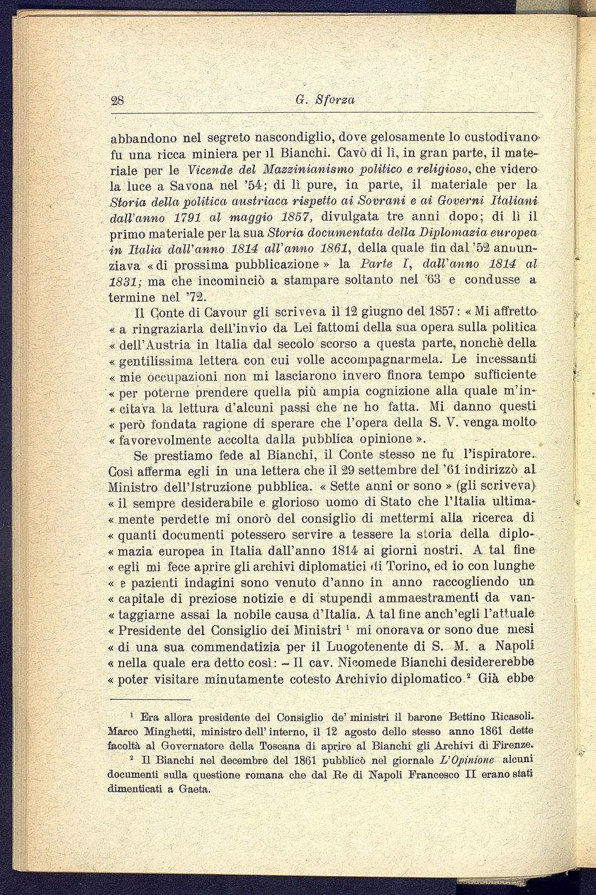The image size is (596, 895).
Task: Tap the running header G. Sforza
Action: (x=325, y=99)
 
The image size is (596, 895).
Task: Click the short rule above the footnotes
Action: (x=150, y=699)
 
